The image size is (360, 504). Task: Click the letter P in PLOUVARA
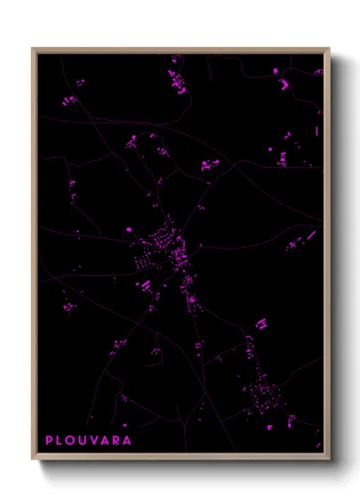tap(50, 441)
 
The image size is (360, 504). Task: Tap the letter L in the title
tap(61, 441)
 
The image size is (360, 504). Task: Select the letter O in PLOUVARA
tap(72, 441)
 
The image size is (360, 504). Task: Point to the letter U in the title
tap(85, 441)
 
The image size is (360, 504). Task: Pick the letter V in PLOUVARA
tap(96, 441)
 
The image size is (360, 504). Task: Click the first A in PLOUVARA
tap(107, 441)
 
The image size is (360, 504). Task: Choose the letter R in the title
tap(117, 441)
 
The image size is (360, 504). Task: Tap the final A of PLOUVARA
tap(128, 441)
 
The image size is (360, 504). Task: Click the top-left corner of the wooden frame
tap(33, 49)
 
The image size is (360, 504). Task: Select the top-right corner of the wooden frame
tap(329, 49)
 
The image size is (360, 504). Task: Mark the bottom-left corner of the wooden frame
tap(33, 459)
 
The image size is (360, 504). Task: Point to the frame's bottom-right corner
tap(329, 459)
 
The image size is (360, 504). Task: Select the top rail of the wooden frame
tap(181, 50)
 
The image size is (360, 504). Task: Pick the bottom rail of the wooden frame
tap(181, 458)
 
